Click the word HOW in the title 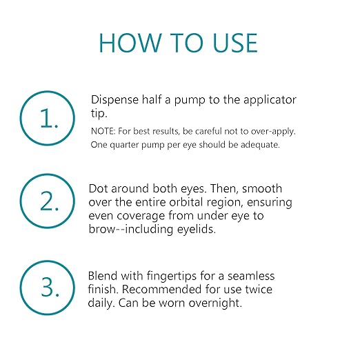(130, 43)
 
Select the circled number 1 (48, 118)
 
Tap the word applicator (270, 101)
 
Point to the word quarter (124, 146)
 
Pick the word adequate (260, 146)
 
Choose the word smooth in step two (262, 188)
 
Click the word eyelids (197, 230)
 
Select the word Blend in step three (103, 276)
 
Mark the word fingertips (171, 277)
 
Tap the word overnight (215, 303)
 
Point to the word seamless (251, 276)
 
